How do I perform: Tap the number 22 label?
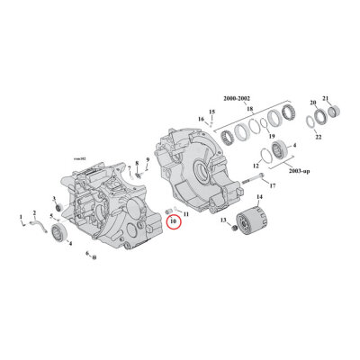pos(319,137)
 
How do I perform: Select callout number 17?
pos(273,186)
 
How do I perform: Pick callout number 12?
pos(231,165)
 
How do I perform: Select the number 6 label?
pos(87,255)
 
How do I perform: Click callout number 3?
pos(54,199)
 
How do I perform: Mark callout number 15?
pos(212,111)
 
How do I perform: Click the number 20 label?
pos(313,102)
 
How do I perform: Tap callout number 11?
pos(186,213)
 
